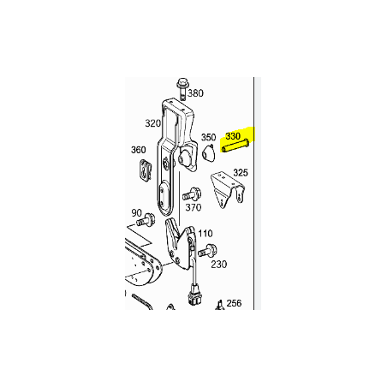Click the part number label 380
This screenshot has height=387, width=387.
(195, 93)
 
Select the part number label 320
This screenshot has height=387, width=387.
(153, 123)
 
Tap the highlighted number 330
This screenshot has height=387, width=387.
(233, 136)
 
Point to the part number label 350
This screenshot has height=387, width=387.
(209, 137)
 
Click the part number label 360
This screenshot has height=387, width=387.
(139, 150)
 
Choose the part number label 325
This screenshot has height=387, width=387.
(241, 172)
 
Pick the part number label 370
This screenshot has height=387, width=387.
(193, 207)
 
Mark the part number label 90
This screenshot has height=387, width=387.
(136, 213)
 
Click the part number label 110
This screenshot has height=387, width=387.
(205, 234)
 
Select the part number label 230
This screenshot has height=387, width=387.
(219, 265)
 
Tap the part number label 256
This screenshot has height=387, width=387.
(234, 303)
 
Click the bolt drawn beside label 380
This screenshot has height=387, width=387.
(182, 89)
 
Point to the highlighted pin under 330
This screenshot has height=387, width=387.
(235, 145)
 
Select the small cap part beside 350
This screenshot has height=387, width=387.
(209, 152)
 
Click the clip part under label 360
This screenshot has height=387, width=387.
(146, 170)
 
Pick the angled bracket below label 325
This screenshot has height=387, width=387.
(227, 189)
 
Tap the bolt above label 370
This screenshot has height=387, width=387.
(192, 194)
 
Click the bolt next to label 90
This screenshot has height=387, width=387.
(146, 219)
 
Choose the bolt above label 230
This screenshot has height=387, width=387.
(207, 250)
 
